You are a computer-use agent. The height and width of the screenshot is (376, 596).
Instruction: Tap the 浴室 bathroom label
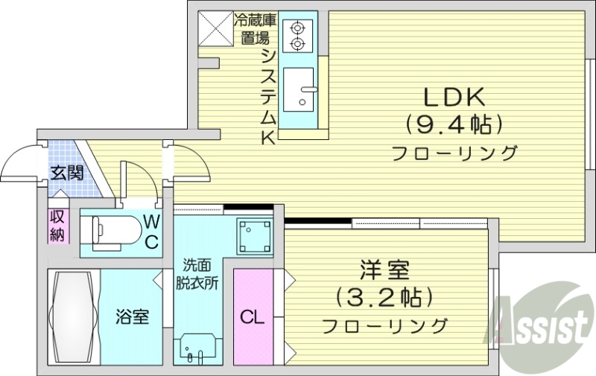point(131,316)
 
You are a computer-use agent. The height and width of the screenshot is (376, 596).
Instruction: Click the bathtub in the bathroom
point(73,316)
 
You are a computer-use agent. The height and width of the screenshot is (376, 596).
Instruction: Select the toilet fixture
point(112,229)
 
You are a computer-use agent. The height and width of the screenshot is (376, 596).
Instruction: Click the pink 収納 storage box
point(57,226)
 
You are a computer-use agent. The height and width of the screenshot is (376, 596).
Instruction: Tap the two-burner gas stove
point(299,35)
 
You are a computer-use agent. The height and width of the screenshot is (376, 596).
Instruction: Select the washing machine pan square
point(252,236)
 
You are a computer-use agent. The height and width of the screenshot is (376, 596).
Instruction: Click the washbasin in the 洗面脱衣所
point(197,348)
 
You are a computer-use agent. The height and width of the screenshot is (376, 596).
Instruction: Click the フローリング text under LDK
point(454,154)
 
